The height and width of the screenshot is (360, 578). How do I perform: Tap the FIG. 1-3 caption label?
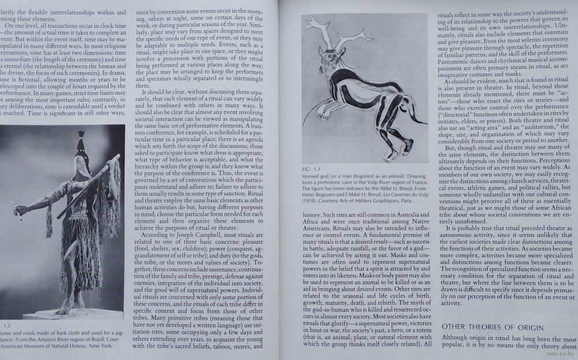coord(310,169)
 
